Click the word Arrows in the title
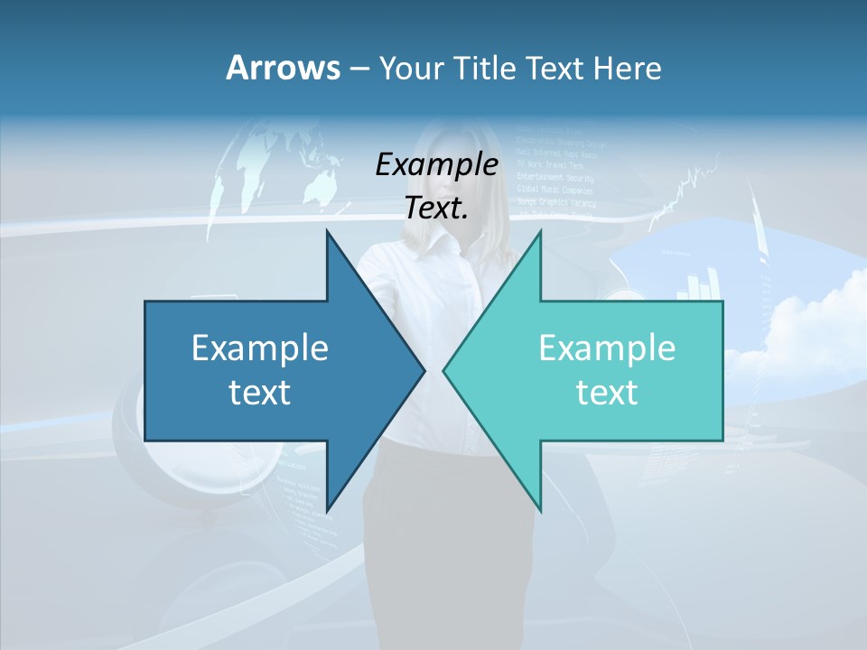tap(283, 68)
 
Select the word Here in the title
tap(627, 68)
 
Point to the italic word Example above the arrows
tap(436, 165)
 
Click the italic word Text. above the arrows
tap(436, 209)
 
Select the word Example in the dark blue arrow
tap(259, 348)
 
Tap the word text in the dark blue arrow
tap(259, 393)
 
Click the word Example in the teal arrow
tap(607, 348)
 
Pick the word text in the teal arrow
tap(607, 393)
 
